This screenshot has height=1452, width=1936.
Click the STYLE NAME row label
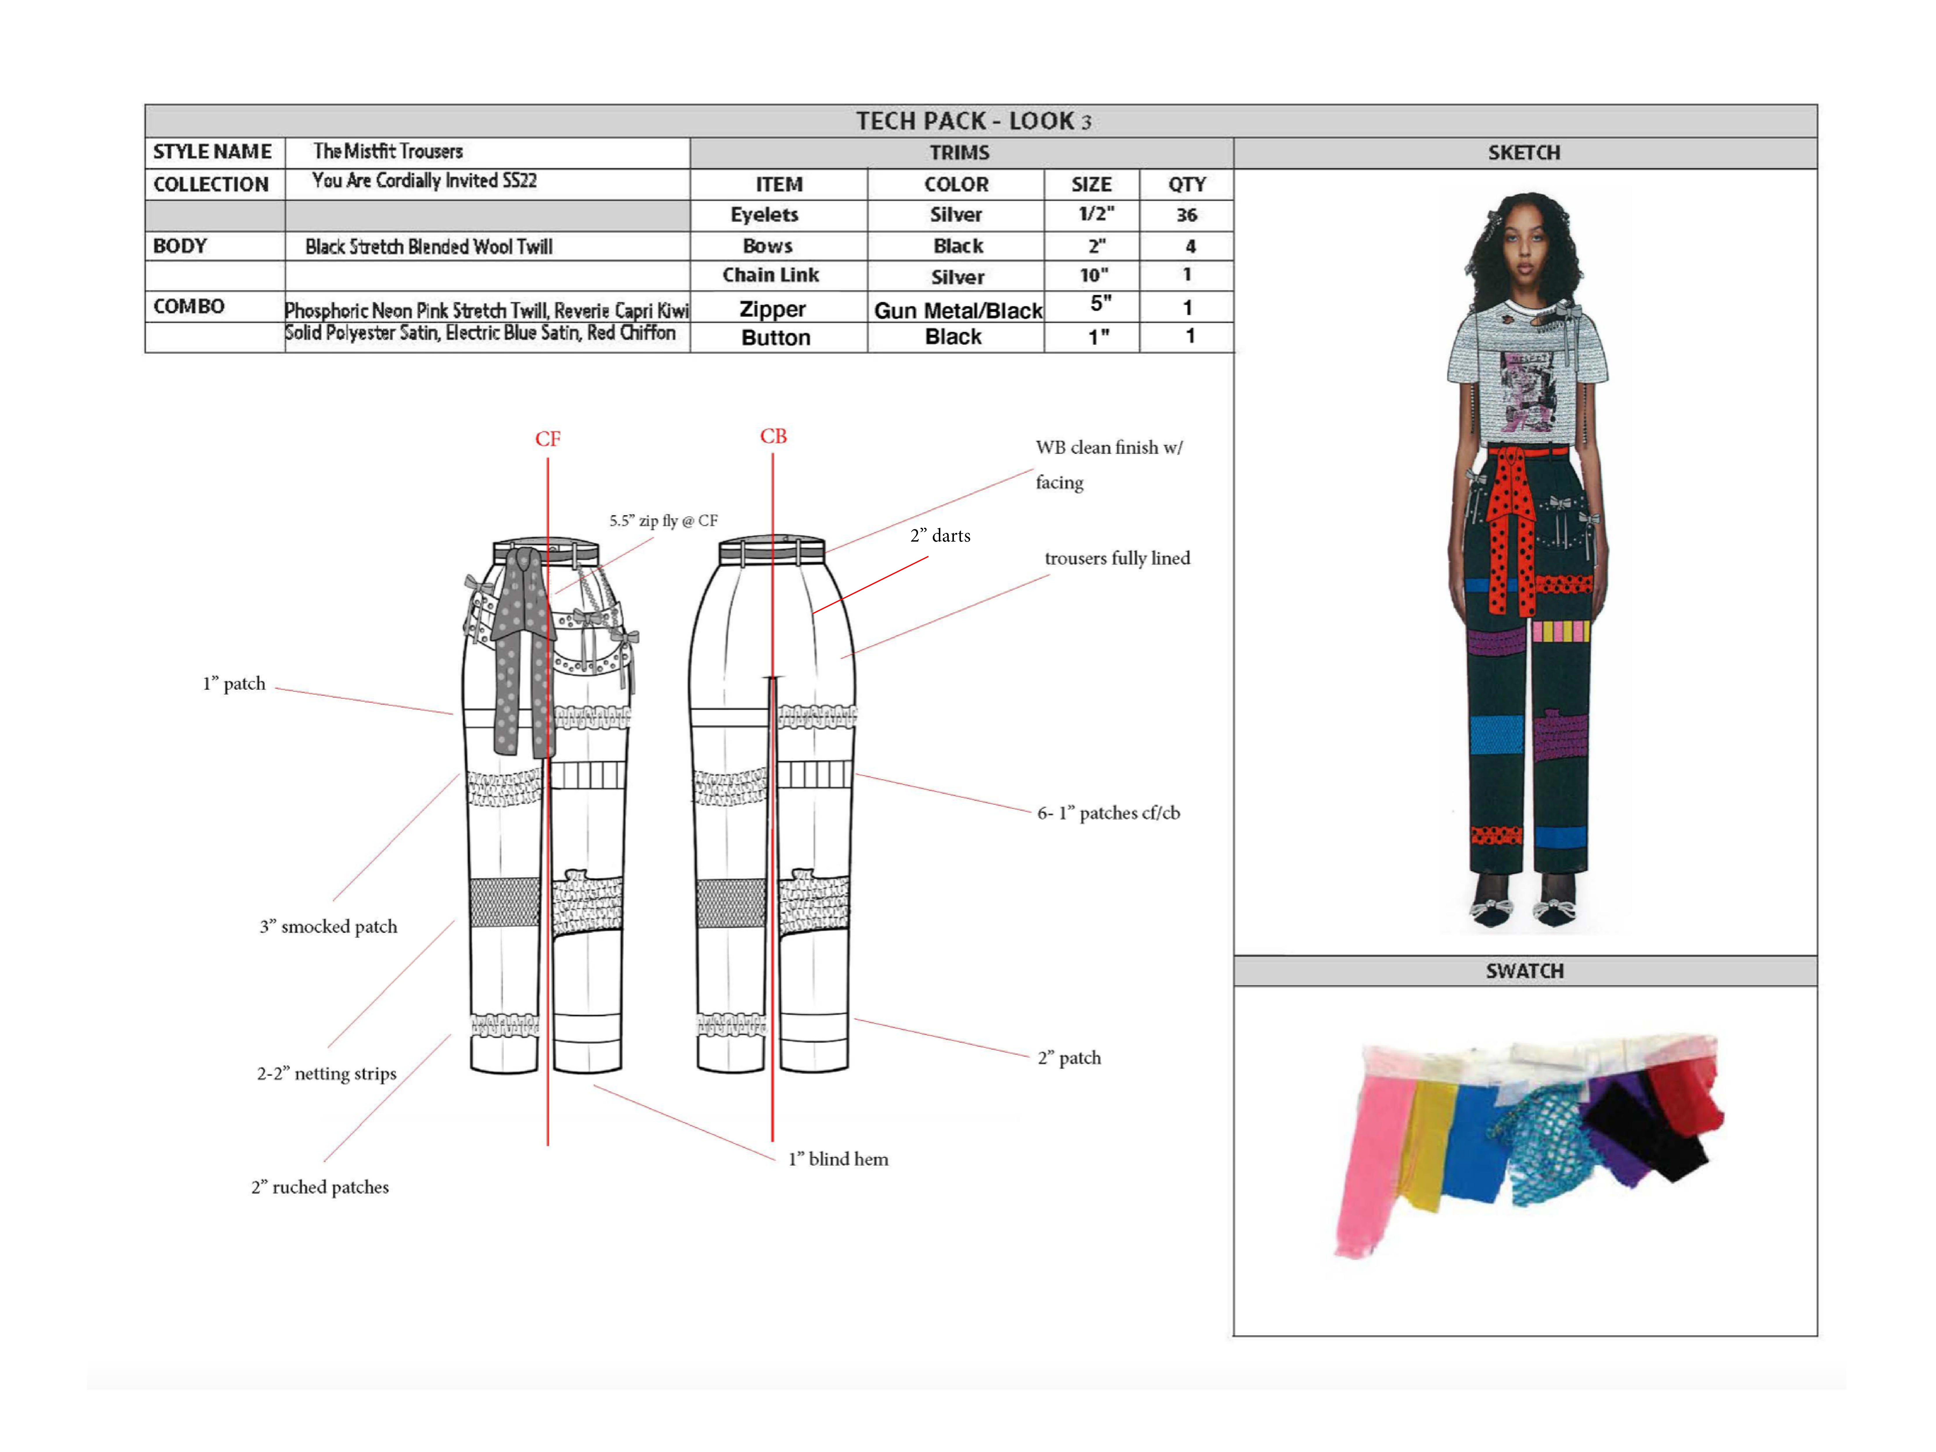(x=213, y=152)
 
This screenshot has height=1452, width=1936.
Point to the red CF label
(x=548, y=439)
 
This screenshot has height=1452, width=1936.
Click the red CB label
(x=773, y=436)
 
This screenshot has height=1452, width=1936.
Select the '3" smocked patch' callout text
(x=328, y=926)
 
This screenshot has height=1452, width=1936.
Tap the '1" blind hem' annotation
(x=837, y=1159)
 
